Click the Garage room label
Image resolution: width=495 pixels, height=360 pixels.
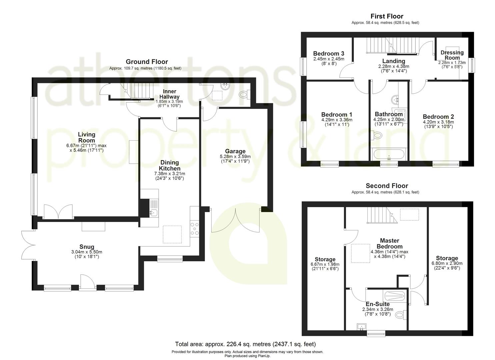[235, 151]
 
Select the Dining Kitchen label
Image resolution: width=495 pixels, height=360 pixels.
[169, 165]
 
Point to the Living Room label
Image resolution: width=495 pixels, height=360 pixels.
[86, 137]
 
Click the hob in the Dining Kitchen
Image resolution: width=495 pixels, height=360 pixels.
[194, 229]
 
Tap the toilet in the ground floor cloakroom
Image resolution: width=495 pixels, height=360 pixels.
[245, 95]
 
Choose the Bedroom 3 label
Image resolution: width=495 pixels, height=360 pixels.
[328, 54]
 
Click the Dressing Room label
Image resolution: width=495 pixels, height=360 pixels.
[452, 55]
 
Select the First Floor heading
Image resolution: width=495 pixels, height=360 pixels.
[387, 16]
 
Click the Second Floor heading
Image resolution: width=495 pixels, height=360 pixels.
[387, 186]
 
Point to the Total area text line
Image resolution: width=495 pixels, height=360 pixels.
[245, 344]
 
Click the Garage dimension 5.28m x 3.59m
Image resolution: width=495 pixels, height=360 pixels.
[235, 156]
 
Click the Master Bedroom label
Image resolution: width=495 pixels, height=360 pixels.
[389, 243]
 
